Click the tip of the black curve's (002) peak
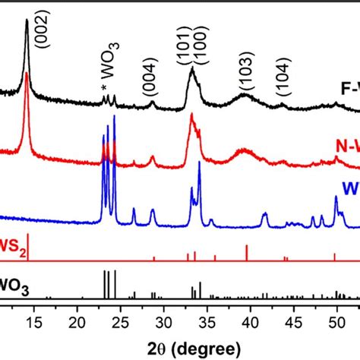tap(27, 21)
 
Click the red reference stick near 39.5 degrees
tap(247, 253)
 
